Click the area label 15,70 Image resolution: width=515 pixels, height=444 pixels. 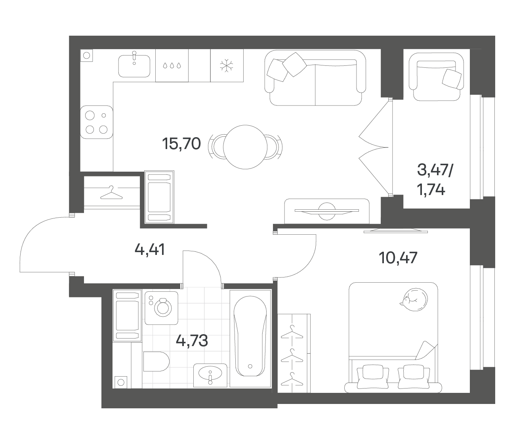[x=181, y=144]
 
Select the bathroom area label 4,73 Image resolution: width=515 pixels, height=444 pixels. [x=192, y=341]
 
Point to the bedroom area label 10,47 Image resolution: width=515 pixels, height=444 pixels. [x=398, y=258]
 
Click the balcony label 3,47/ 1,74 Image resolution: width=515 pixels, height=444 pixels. [x=435, y=181]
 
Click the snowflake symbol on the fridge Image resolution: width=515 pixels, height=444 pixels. [x=226, y=65]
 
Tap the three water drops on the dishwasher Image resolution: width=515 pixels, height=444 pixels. [x=172, y=66]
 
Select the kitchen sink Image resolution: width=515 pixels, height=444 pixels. [x=134, y=65]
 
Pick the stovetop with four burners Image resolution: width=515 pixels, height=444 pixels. [x=96, y=122]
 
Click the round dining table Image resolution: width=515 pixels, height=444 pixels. [x=245, y=147]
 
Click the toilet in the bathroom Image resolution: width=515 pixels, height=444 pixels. [x=156, y=362]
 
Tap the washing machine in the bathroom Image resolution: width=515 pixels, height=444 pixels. [x=162, y=308]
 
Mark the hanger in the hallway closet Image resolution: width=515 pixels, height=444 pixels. [x=111, y=193]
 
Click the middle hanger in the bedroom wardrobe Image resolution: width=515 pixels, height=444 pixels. [x=292, y=356]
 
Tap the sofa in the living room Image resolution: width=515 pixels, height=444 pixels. [x=315, y=78]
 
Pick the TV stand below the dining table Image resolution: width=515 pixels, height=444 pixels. [x=327, y=211]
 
